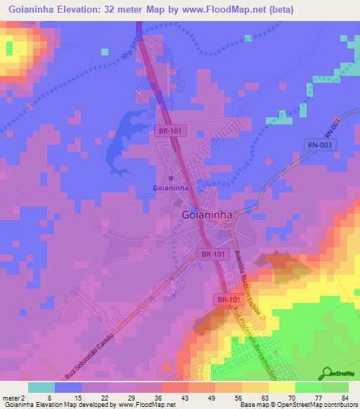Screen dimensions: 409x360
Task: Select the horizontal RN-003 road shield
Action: click(x=321, y=145)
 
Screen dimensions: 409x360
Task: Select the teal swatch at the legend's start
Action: click(x=41, y=387)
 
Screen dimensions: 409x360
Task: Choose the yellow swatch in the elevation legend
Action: click(x=281, y=387)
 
